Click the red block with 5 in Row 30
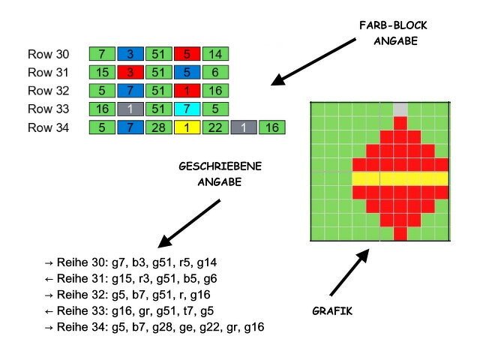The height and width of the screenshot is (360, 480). click(187, 53)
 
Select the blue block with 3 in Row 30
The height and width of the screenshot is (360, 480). click(130, 53)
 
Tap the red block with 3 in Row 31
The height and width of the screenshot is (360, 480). click(130, 72)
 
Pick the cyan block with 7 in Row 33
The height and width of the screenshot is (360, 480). click(187, 109)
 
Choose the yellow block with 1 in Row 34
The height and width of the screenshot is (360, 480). click(187, 128)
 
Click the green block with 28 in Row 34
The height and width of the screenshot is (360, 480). click(158, 128)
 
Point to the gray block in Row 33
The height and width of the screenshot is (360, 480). click(130, 109)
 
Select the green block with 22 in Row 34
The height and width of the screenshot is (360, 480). click(215, 128)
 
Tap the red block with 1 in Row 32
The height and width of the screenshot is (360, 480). click(187, 91)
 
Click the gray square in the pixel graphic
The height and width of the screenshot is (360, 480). click(400, 109)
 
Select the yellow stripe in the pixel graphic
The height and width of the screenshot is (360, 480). click(400, 178)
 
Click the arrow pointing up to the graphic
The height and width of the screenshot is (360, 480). click(349, 272)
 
